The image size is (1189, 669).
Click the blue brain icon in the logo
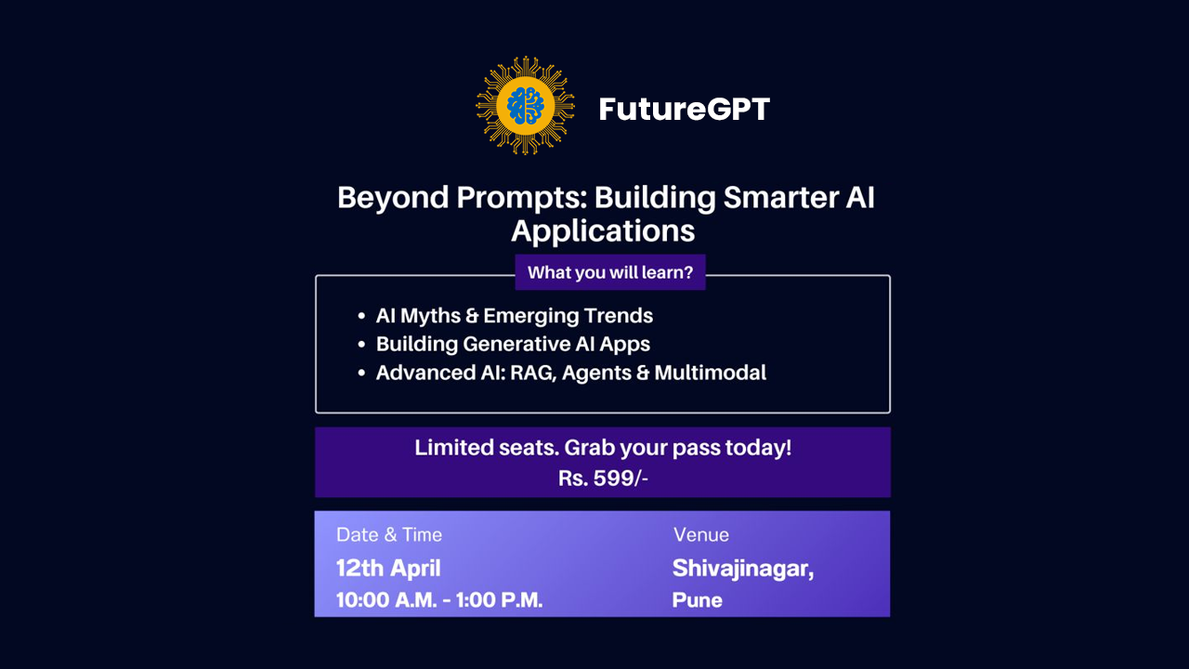(525, 106)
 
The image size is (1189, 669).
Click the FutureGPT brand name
(685, 109)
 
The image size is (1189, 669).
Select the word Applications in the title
(603, 231)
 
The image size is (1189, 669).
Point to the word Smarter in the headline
(781, 198)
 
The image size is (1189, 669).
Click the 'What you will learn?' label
(610, 272)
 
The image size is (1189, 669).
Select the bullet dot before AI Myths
(361, 316)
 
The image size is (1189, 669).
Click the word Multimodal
(711, 373)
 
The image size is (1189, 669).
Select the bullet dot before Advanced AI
(361, 373)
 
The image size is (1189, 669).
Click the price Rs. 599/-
(603, 479)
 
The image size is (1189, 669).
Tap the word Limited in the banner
(454, 448)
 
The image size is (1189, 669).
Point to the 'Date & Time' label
(389, 534)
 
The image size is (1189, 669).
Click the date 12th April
(388, 568)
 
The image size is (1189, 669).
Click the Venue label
(701, 534)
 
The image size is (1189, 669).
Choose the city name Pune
(698, 600)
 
